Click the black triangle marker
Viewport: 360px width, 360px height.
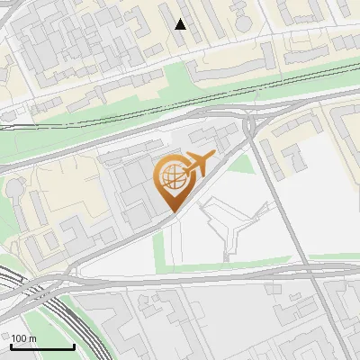pyautogui.click(x=181, y=24)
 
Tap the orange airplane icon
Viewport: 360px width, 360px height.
pyautogui.click(x=198, y=163)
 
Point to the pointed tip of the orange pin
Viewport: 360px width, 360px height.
pyautogui.click(x=172, y=212)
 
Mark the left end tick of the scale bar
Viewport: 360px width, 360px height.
pyautogui.click(x=11, y=346)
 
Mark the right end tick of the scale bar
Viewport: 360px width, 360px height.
pyautogui.click(x=74, y=346)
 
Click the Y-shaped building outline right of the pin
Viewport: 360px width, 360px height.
pyautogui.click(x=230, y=225)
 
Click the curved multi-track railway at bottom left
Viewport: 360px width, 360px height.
pyautogui.click(x=63, y=315)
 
